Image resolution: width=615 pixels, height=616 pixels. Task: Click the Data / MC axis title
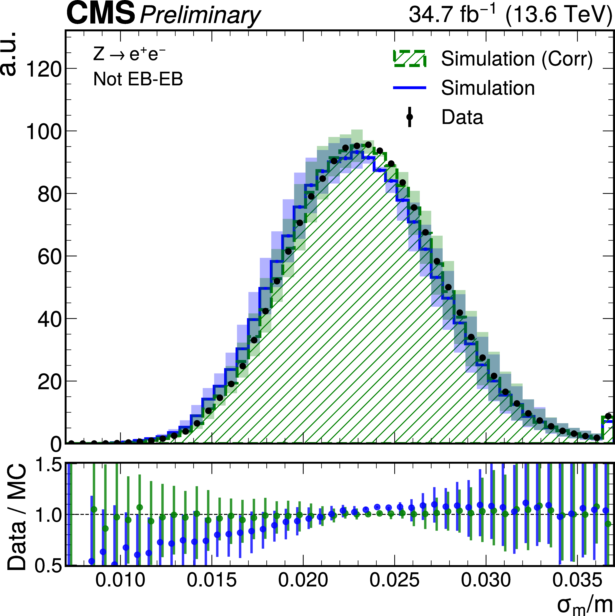[x=17, y=517]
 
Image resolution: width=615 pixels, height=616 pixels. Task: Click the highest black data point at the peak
[x=368, y=145]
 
